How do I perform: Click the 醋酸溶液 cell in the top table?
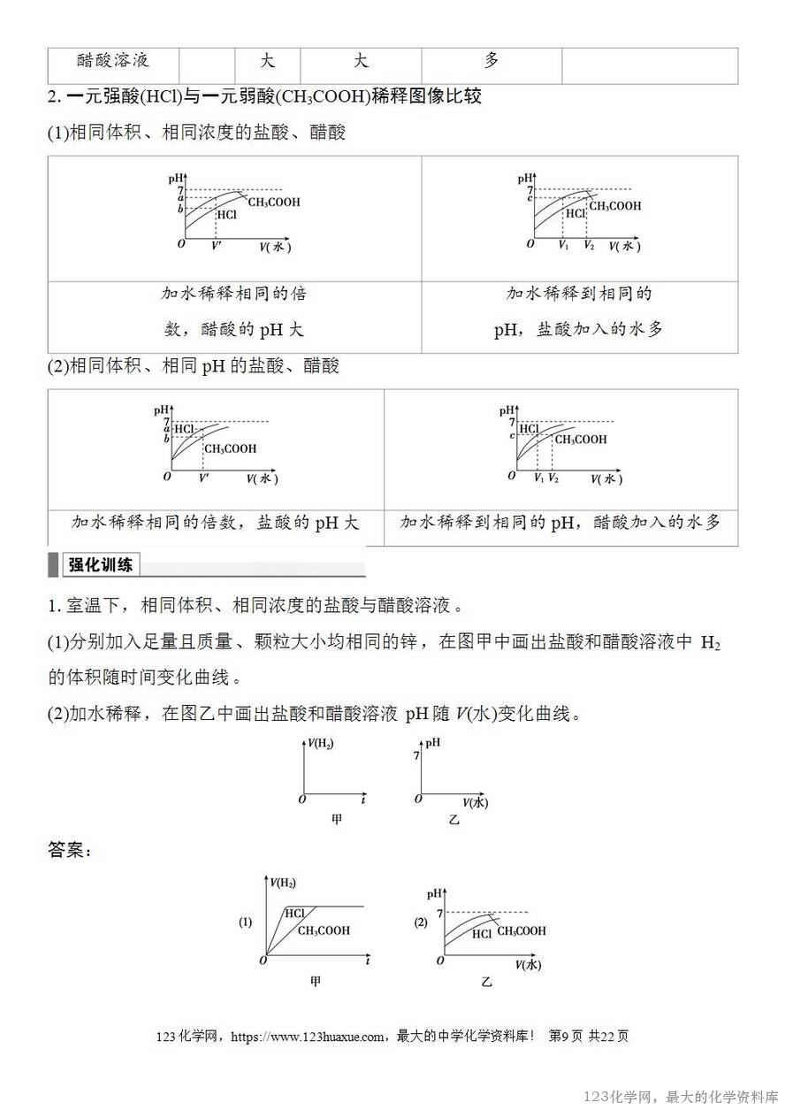point(113,61)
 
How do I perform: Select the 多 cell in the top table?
point(492,60)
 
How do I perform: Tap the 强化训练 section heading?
point(101,565)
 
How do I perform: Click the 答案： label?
point(70,850)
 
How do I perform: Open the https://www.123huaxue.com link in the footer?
point(308,1037)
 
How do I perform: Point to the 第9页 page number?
point(566,1037)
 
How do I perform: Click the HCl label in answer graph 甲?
point(295,913)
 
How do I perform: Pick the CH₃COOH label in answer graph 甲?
point(324,930)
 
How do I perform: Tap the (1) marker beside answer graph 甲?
point(245,922)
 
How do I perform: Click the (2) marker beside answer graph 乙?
point(421,922)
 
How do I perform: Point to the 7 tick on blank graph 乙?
point(415,756)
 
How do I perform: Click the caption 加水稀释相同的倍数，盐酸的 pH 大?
point(215,523)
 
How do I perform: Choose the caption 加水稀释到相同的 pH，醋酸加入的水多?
point(560,523)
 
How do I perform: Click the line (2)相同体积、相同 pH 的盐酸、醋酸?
point(194,365)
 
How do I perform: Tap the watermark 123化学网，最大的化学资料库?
point(681,1097)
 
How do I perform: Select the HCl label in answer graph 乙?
point(482,934)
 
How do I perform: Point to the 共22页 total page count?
point(608,1037)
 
